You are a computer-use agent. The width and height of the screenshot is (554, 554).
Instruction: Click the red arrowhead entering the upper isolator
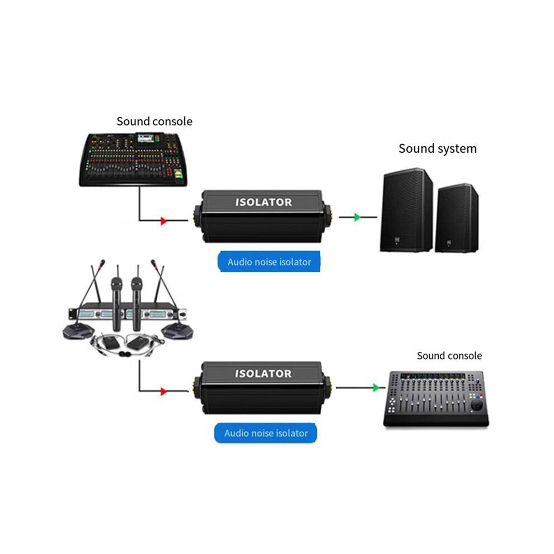coord(163,221)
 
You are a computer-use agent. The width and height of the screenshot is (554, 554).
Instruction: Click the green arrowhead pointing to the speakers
coord(357,217)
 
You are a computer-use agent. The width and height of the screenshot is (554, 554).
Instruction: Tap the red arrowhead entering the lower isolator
coord(163,391)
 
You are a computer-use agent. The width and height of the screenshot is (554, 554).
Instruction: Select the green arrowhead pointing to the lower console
coord(376,388)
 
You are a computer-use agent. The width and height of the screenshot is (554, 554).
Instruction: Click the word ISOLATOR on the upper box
coord(264,202)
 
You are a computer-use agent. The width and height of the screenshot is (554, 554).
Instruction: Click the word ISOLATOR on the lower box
coord(264,373)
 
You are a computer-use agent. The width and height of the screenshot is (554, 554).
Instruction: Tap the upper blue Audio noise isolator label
coord(269,262)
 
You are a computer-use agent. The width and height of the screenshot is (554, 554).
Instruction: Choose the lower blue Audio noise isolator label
coord(266,433)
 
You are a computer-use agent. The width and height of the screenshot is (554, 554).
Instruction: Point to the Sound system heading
coord(438,148)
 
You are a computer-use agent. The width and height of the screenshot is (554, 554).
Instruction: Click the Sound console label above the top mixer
coord(154,121)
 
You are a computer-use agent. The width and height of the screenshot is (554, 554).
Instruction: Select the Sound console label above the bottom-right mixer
coord(449,355)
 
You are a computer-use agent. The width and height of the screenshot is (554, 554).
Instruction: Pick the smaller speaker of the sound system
coord(457,218)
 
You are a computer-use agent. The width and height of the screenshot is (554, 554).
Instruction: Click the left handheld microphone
coord(116,304)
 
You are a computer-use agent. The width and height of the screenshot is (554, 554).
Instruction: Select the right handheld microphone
coord(137,304)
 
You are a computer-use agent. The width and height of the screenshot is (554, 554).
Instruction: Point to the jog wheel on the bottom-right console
coord(476,404)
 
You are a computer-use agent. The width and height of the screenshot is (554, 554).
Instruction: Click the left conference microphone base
coord(78,332)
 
